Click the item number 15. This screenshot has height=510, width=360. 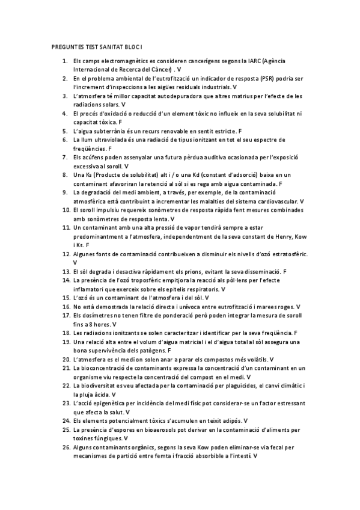[66, 298]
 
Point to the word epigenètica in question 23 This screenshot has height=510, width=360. [112, 402]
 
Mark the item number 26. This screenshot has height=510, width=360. [66, 448]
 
